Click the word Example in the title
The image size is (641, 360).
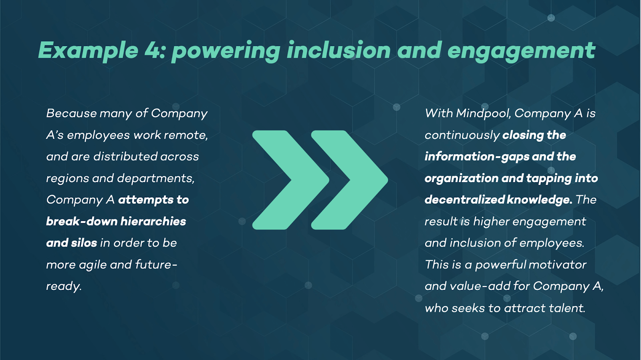(89, 51)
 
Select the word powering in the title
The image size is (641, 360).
(226, 52)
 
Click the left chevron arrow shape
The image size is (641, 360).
(291, 180)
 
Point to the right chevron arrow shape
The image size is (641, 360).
(350, 180)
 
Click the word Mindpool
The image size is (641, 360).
(484, 113)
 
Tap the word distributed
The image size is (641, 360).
(126, 157)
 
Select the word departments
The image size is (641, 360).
(156, 179)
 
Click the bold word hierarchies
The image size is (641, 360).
(153, 221)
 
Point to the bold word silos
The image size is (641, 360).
(84, 243)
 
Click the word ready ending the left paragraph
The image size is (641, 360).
(64, 286)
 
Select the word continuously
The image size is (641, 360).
(462, 135)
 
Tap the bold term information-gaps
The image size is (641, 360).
(477, 157)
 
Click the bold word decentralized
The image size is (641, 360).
(464, 199)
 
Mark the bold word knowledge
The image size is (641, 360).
(539, 199)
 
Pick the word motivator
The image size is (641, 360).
(557, 265)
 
